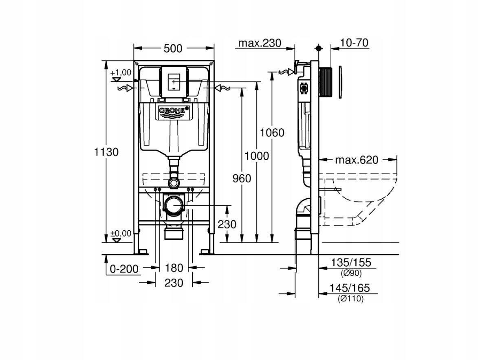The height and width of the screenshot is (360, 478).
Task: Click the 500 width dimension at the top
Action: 173,48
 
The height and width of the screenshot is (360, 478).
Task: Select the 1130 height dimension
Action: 106,152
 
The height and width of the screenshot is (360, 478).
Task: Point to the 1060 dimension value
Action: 272,133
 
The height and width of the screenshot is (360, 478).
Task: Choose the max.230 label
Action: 260,43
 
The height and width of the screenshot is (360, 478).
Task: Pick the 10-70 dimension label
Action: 354,43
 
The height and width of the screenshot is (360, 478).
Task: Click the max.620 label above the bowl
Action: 357,160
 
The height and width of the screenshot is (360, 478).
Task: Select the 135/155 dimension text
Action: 351,262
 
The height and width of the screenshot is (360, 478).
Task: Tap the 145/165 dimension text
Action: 350,288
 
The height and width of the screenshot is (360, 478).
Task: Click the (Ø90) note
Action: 351,273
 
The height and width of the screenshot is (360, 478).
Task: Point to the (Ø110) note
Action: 350,299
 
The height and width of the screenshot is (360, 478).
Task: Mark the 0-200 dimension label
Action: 124,269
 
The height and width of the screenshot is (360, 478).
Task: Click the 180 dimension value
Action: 174,268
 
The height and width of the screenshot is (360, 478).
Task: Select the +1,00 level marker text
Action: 121,73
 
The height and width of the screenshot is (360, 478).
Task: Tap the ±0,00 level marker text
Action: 121,233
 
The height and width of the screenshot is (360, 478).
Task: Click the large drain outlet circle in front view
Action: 174,206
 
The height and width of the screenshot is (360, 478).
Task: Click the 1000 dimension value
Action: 257,156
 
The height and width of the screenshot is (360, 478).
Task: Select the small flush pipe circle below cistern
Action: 174,183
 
